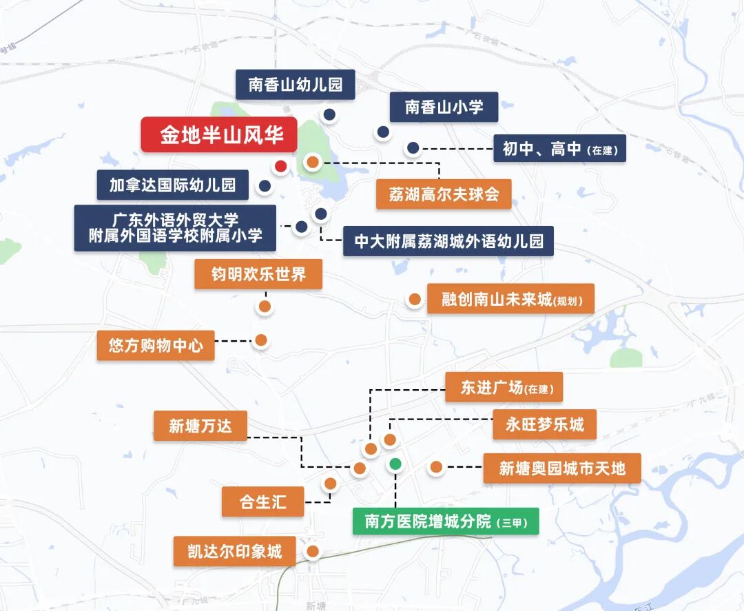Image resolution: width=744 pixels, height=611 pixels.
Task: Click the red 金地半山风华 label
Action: pyautogui.click(x=219, y=135)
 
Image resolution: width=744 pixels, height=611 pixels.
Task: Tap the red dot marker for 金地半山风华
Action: pyautogui.click(x=280, y=166)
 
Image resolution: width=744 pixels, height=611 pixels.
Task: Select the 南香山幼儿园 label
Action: pyautogui.click(x=295, y=85)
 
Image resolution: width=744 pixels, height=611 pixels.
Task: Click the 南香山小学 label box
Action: pyautogui.click(x=443, y=107)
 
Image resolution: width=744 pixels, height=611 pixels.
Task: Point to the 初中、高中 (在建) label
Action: pyautogui.click(x=559, y=148)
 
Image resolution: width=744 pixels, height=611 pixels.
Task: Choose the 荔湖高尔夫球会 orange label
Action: pyautogui.click(x=444, y=194)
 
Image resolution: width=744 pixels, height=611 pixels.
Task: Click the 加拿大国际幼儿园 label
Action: pyautogui.click(x=172, y=185)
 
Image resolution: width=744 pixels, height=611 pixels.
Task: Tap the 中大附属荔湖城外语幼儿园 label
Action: pyautogui.click(x=448, y=241)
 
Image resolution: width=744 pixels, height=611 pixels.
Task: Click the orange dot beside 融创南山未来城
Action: pyautogui.click(x=415, y=300)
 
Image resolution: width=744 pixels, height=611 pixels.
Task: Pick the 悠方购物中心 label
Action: pyautogui.click(x=156, y=345)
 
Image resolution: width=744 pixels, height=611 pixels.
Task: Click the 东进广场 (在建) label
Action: pyautogui.click(x=504, y=387)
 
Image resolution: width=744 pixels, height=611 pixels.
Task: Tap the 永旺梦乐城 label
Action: pyautogui.click(x=544, y=424)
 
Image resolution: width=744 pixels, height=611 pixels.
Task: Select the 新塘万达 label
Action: pyautogui.click(x=200, y=426)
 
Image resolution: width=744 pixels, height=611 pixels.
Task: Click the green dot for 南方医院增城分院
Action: pyautogui.click(x=395, y=464)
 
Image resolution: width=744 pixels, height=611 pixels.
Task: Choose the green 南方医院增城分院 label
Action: pyautogui.click(x=445, y=521)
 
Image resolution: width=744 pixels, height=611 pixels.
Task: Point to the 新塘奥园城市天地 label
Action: pyautogui.click(x=561, y=468)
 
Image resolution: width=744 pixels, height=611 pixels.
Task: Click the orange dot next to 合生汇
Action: pyautogui.click(x=330, y=484)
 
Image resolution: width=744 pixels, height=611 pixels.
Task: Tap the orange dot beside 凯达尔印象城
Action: pyautogui.click(x=312, y=551)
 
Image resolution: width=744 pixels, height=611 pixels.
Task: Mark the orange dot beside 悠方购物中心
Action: pyautogui.click(x=261, y=340)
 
